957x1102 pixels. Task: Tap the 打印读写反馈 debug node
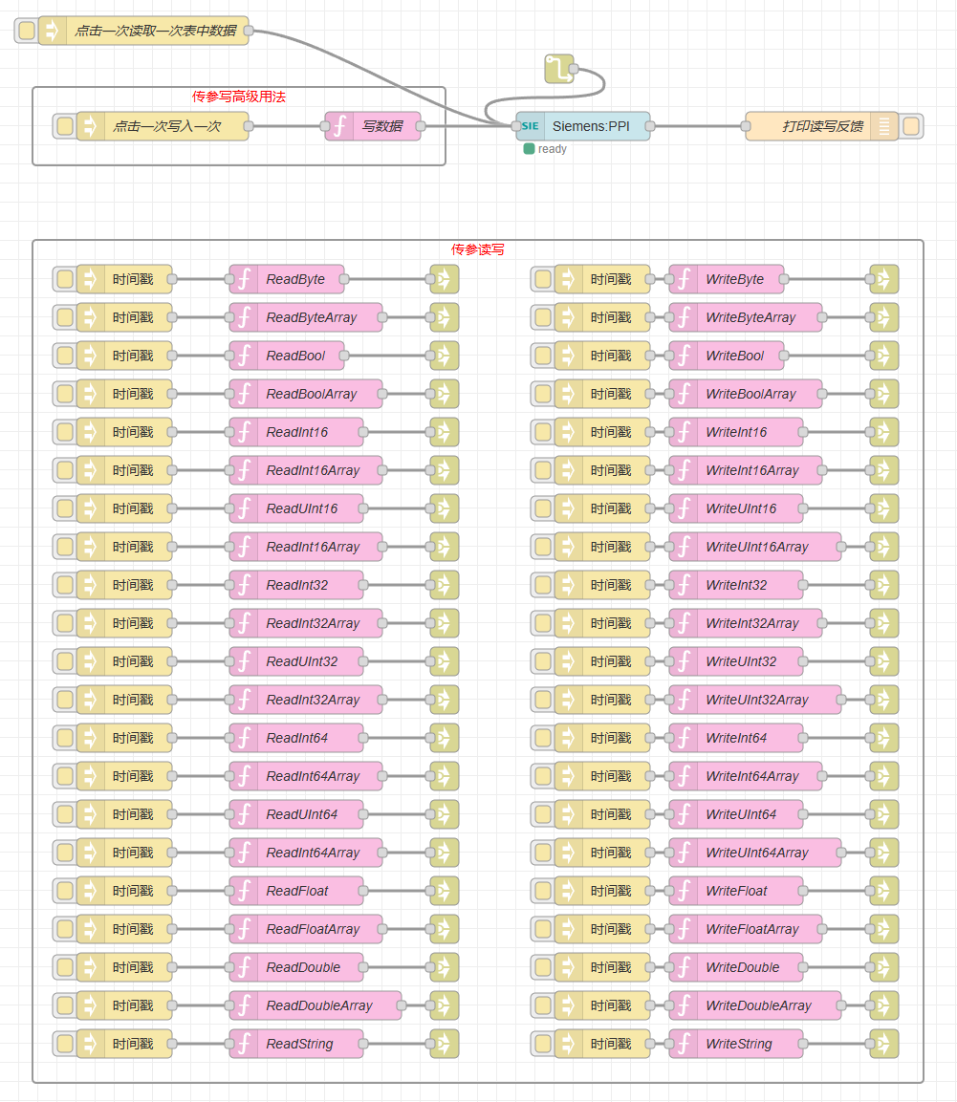click(x=822, y=126)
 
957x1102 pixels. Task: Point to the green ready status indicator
click(x=529, y=149)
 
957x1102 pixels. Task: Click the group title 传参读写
click(x=478, y=249)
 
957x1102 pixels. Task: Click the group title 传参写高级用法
click(x=239, y=97)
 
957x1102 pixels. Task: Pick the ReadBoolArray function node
click(x=311, y=394)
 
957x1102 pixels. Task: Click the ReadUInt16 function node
click(x=301, y=508)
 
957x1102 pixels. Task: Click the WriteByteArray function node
click(x=750, y=317)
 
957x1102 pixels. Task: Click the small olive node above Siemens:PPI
click(x=558, y=69)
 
